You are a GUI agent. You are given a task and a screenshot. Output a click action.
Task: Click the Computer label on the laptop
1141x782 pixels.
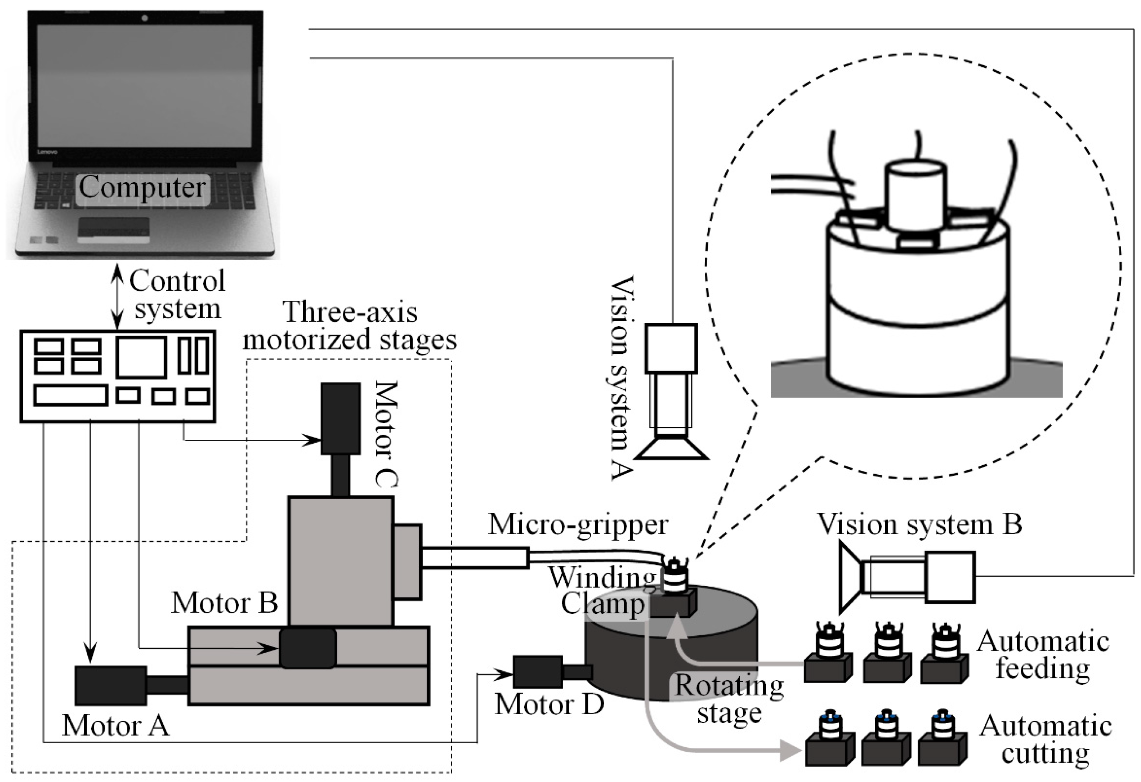[142, 187]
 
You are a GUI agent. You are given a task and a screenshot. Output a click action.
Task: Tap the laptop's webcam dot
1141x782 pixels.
[144, 19]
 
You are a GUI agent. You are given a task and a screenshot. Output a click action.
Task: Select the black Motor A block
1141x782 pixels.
[111, 685]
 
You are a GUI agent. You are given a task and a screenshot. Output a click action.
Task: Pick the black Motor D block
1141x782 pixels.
[538, 671]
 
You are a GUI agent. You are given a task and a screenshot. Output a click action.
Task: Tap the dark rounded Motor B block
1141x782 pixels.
[308, 648]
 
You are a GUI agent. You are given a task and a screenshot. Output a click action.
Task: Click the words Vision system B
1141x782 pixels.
[919, 524]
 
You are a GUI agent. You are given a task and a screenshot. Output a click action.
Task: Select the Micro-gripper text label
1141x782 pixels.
[578, 525]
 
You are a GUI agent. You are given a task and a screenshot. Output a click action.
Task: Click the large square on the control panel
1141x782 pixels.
[141, 357]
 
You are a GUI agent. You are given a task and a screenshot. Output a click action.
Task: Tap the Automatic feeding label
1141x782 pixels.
[1043, 655]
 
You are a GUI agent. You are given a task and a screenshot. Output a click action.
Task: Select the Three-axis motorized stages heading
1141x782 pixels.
[350, 325]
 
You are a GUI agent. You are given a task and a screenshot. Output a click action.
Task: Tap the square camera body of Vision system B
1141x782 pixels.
[950, 577]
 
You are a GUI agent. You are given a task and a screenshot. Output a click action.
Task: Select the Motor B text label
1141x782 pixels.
[224, 603]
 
